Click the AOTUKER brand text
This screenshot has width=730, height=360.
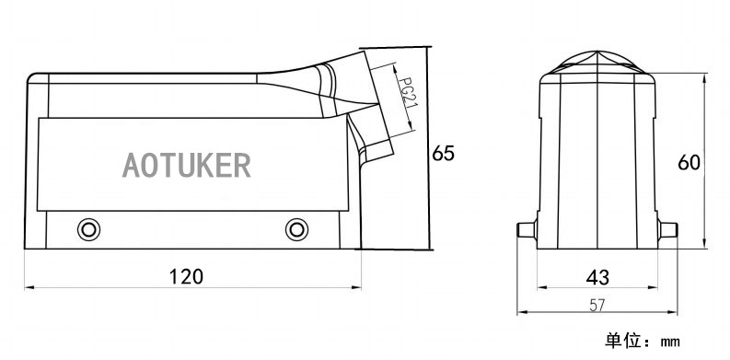tap(186, 165)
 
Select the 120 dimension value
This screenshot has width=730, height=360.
tap(186, 276)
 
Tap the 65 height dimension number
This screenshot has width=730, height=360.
tap(443, 153)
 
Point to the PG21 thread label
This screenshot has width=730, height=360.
tap(407, 92)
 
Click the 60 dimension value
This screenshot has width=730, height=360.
tap(689, 163)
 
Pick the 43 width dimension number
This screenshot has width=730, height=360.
tap(597, 277)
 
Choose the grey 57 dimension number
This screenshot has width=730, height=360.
tap(597, 305)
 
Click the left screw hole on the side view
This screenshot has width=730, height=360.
tap(88, 229)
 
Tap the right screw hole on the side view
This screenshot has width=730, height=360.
tap(296, 229)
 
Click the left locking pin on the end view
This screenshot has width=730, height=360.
tap(527, 229)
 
